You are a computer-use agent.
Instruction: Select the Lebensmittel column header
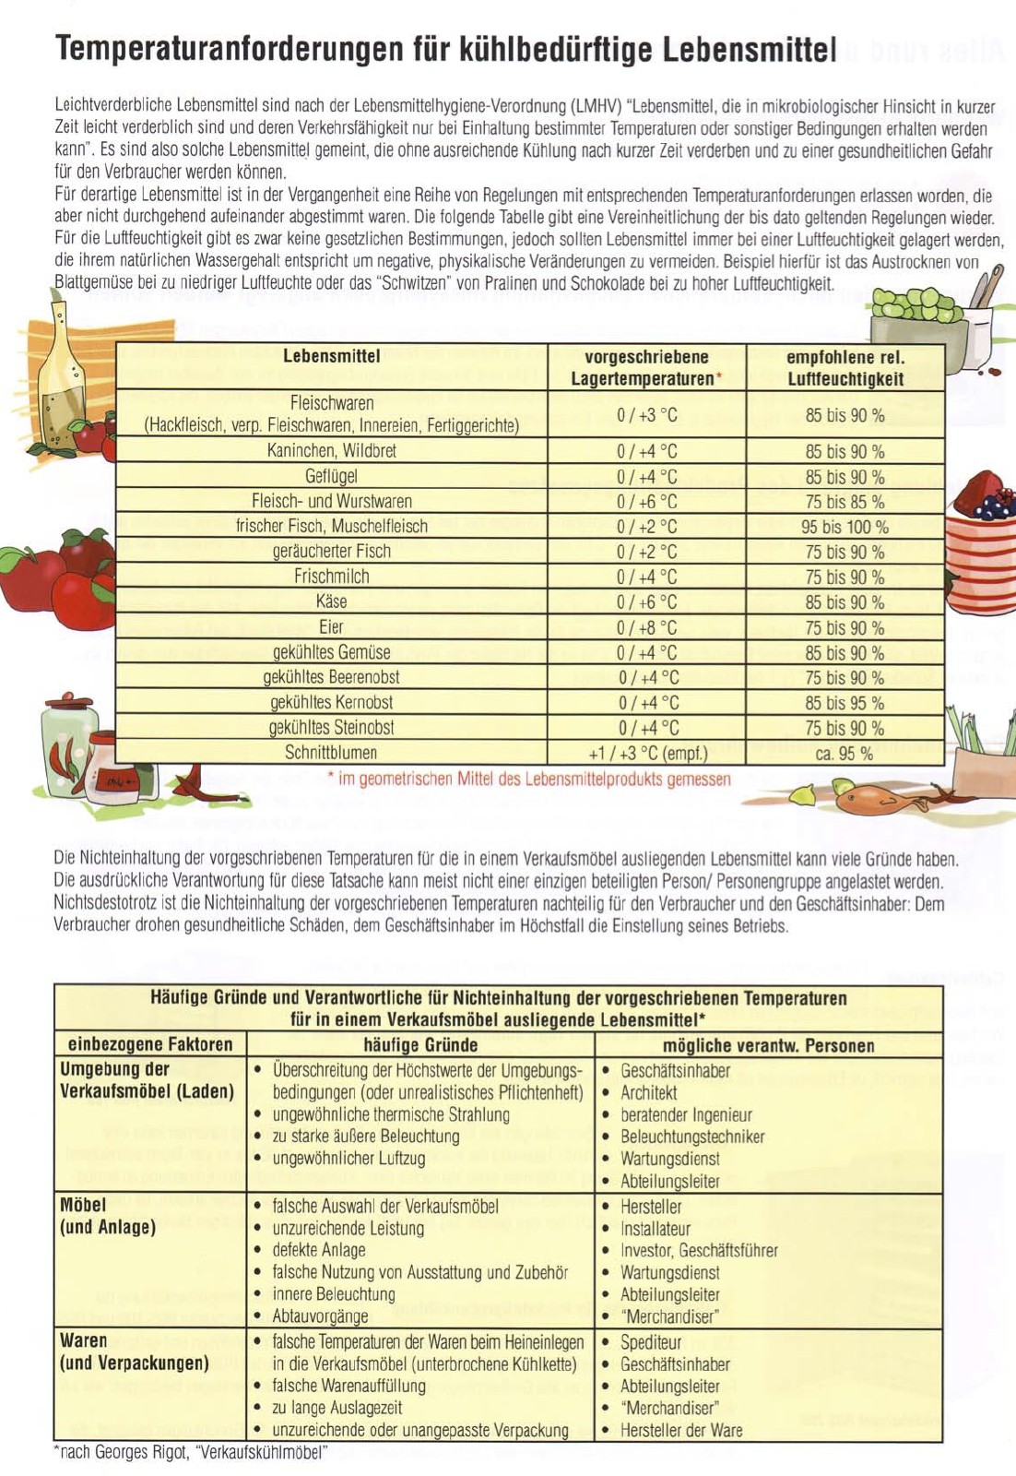point(331,357)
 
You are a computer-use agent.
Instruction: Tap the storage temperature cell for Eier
point(646,628)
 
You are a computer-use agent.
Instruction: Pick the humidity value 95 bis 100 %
point(845,528)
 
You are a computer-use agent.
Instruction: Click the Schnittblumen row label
point(331,753)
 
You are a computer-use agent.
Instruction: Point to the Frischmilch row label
point(331,577)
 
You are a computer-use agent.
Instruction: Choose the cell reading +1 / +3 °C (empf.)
point(647,754)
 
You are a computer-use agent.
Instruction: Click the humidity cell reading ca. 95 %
point(844,754)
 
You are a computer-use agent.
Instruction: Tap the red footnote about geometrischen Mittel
point(529,780)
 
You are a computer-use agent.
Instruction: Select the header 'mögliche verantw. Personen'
point(768,1046)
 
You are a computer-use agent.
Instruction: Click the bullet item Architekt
point(648,1093)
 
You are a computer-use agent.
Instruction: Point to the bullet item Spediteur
point(651,1343)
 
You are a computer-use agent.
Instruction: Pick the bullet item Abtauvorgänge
point(320,1316)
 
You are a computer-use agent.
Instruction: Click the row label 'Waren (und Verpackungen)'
point(135,1352)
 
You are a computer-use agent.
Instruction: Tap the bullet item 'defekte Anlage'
point(319,1251)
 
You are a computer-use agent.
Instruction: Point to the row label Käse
point(331,602)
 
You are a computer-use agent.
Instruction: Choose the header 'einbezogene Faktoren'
point(150,1045)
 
